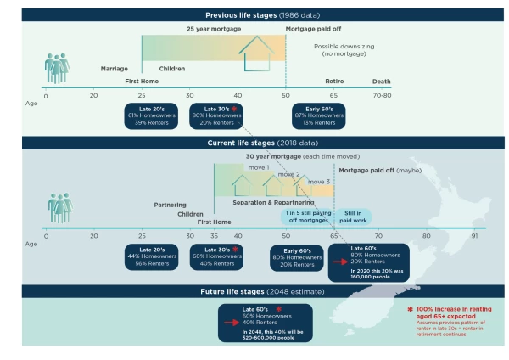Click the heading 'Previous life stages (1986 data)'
point(254,15)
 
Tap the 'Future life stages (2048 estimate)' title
point(254,290)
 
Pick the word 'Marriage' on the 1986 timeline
point(114,68)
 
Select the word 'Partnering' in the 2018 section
point(170,205)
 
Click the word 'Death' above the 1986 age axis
point(382,82)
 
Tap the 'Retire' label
point(334,82)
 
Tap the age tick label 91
point(473,236)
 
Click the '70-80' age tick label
point(382,97)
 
